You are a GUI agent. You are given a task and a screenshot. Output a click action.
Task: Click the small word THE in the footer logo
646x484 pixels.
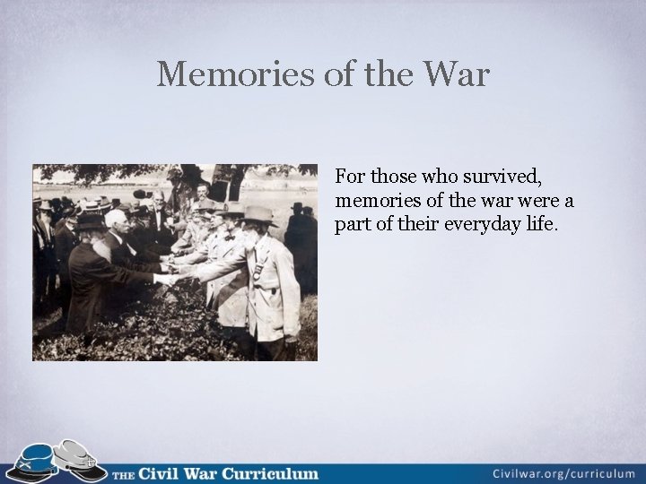124,473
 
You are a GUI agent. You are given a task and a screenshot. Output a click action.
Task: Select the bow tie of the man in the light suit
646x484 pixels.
228,238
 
